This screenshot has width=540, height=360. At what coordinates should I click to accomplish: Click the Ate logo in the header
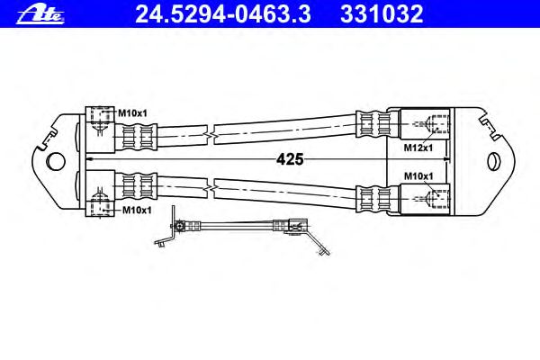(40, 15)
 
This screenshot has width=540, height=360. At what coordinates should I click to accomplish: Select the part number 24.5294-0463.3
(223, 14)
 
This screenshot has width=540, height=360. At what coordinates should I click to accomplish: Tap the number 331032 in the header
(382, 14)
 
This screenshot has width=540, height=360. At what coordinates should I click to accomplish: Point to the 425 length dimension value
(290, 159)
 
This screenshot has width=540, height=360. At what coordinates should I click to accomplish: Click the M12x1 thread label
(418, 148)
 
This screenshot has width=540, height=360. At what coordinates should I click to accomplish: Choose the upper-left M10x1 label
(132, 112)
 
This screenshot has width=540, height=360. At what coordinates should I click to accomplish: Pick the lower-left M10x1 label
(137, 210)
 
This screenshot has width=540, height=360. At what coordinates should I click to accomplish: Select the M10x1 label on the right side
(418, 176)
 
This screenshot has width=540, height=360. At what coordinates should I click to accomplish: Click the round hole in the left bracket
(55, 161)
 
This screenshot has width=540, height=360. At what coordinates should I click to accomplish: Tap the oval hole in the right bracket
(494, 162)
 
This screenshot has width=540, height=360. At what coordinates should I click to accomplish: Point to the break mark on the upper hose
(211, 135)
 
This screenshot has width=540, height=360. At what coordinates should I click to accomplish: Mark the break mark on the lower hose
(211, 188)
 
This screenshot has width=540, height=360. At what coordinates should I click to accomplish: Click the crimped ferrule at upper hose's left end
(136, 137)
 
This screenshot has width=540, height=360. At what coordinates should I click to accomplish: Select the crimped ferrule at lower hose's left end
(136, 185)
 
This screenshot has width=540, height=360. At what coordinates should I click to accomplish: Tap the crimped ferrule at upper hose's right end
(377, 124)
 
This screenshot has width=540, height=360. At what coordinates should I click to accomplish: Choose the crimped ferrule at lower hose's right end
(377, 199)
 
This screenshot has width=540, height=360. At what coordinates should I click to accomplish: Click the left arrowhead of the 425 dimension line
(89, 158)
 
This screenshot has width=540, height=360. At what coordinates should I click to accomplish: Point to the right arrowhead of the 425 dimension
(446, 158)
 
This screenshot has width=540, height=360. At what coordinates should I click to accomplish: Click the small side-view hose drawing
(242, 230)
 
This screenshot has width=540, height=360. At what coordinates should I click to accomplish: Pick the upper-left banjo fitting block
(100, 130)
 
